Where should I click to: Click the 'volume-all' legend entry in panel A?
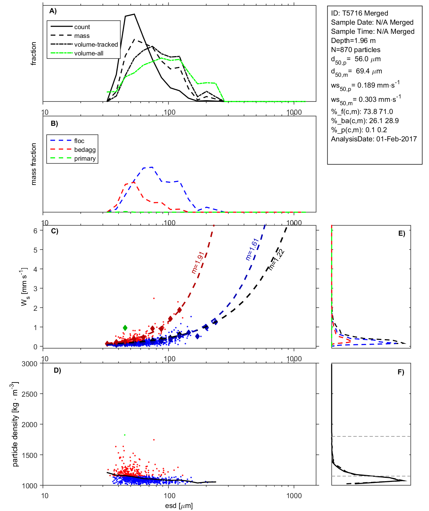tap(89, 53)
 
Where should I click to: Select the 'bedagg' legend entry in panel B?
tap(85, 150)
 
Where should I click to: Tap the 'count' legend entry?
tap(82, 27)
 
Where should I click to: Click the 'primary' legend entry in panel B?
tap(85, 159)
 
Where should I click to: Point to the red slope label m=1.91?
tap(198, 262)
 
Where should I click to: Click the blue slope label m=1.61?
tap(252, 249)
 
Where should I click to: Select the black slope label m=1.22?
tap(276, 260)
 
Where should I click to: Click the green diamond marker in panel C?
tap(125, 328)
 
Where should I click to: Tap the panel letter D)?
tap(57, 370)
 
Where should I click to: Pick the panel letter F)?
tap(401, 372)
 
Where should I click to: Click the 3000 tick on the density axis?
tap(29, 364)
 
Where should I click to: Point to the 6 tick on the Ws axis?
tap(35, 231)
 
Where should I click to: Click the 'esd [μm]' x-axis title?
tap(179, 506)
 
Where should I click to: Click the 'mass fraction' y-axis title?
tap(33, 164)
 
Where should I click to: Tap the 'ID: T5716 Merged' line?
tap(359, 13)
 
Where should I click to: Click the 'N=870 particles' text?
tap(355, 50)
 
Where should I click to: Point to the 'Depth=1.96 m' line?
tap(353, 41)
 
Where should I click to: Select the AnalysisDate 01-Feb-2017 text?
tap(374, 139)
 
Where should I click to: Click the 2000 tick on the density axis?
tap(29, 425)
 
